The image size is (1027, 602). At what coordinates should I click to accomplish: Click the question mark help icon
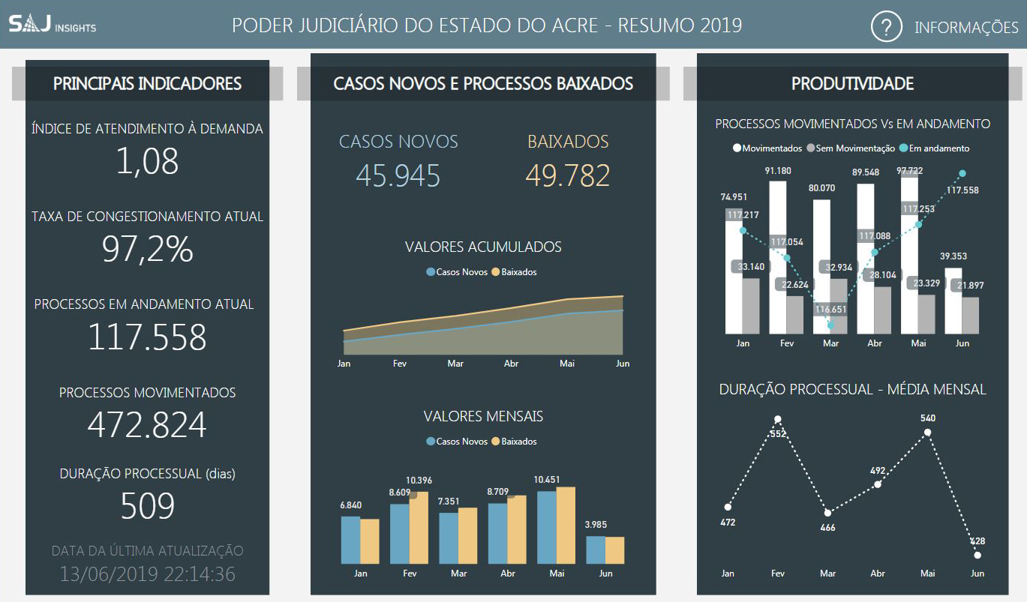click(886, 27)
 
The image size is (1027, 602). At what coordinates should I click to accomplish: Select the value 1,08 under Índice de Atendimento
click(147, 161)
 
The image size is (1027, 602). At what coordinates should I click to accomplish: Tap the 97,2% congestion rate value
click(147, 249)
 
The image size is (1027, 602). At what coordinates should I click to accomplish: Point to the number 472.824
click(147, 425)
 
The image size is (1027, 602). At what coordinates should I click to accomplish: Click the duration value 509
click(147, 506)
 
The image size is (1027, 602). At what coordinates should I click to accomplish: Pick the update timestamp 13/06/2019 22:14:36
click(147, 574)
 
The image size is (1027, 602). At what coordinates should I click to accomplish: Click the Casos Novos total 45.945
click(398, 175)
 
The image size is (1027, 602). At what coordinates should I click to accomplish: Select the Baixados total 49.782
click(567, 175)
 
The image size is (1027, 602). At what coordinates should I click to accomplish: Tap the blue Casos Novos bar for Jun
click(596, 550)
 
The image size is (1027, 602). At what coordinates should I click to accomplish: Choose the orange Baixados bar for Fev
click(419, 528)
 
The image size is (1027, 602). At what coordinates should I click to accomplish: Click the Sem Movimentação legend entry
click(850, 148)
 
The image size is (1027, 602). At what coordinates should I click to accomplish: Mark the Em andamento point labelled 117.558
click(962, 174)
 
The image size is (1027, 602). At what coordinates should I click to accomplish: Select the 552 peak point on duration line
click(778, 419)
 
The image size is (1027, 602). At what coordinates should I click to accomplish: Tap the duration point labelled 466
click(828, 513)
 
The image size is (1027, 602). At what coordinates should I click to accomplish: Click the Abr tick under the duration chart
click(878, 574)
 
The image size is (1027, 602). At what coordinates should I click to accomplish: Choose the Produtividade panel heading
click(852, 84)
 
